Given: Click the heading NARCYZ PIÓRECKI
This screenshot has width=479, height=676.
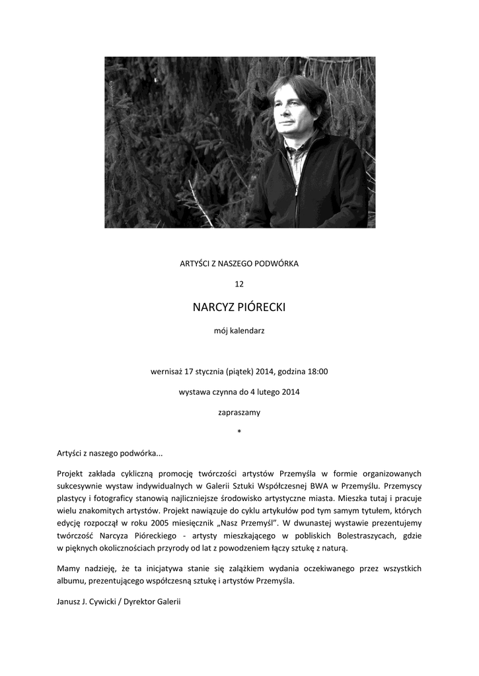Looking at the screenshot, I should (x=239, y=307).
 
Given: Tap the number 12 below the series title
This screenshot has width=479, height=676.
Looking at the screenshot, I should (x=239, y=284).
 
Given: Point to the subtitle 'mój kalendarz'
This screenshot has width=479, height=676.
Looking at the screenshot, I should (x=239, y=330).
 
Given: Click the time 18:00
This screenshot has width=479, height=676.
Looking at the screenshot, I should (x=316, y=371).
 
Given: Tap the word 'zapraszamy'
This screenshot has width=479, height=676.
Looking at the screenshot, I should (x=239, y=413).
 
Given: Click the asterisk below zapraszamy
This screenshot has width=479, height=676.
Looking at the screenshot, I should (x=239, y=432).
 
